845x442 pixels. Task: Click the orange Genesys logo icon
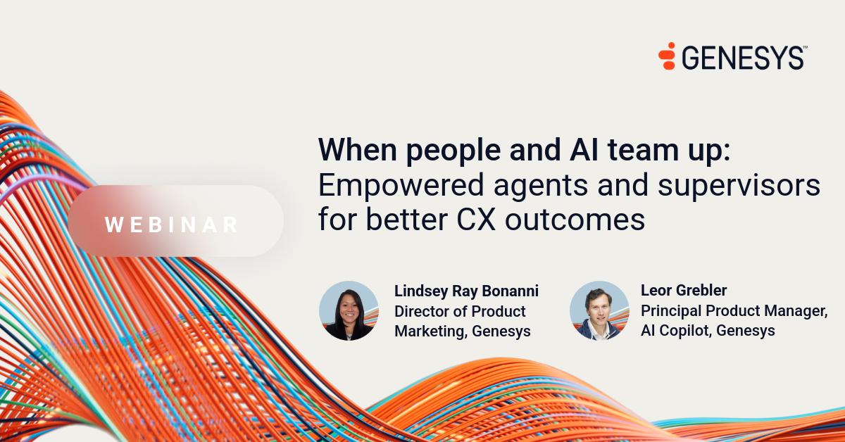[667, 56]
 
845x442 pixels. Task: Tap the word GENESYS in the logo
[742, 58]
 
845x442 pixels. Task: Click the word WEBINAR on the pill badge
[171, 225]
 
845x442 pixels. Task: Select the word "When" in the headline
[358, 150]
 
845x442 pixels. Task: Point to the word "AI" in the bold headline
[584, 150]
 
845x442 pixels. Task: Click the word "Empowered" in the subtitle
[401, 186]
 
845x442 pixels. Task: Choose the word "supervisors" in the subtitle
[739, 186]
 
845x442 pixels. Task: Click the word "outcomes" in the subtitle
[575, 220]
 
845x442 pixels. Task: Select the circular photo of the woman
[349, 310]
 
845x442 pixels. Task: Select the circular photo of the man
[599, 310]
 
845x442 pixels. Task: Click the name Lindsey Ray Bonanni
[466, 291]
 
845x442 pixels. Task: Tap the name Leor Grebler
[684, 291]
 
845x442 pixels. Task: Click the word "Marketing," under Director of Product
[430, 331]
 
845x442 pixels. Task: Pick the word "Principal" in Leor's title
[671, 311]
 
